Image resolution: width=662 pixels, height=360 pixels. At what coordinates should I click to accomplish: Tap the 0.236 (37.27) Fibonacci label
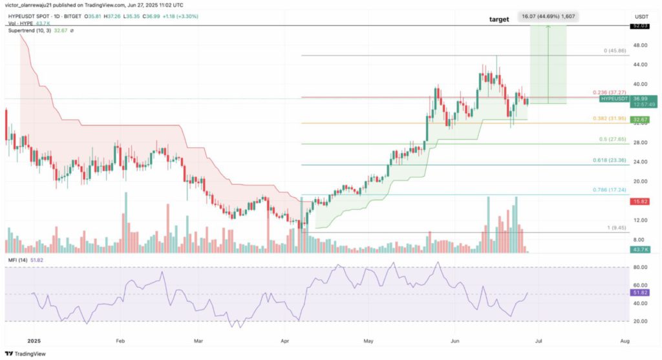[609, 92]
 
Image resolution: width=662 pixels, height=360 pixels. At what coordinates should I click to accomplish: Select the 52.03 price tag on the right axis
[641, 26]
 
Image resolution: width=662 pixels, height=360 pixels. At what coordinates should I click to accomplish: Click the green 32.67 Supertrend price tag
[640, 120]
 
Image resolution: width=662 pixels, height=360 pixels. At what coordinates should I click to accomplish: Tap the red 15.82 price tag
[640, 201]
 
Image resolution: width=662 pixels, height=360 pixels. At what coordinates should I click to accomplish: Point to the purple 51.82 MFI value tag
[641, 292]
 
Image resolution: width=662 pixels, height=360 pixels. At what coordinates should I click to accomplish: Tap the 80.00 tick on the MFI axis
[640, 267]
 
